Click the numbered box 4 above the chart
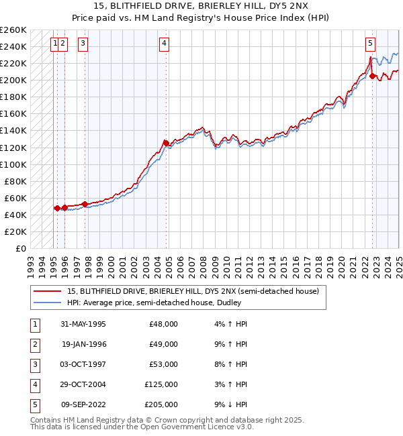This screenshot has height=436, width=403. [x=165, y=44]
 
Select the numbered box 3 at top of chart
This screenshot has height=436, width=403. [x=83, y=44]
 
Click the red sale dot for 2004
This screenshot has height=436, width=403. [x=166, y=143]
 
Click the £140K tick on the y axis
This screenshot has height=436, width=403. [x=13, y=131]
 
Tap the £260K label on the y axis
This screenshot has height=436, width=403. [x=13, y=30]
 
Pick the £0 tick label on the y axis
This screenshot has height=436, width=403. [x=20, y=248]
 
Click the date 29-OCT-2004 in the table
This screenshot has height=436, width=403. [x=83, y=384]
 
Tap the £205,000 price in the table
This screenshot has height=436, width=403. [x=161, y=404]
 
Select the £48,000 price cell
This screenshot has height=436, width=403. [x=163, y=324]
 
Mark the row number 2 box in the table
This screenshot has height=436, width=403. [x=35, y=344]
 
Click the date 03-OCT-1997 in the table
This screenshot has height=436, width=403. [x=83, y=364]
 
